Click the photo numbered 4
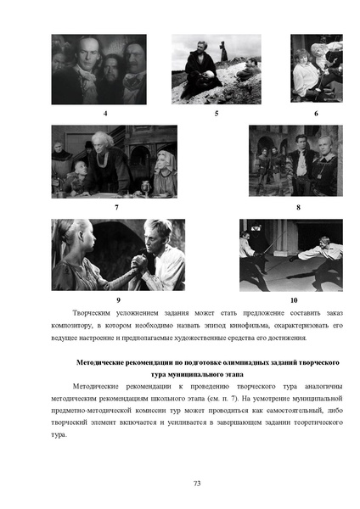[x=98, y=69]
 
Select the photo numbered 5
[x=216, y=69]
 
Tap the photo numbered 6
[x=316, y=69]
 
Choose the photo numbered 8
[x=295, y=161]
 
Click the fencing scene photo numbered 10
[x=290, y=255]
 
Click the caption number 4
[x=105, y=114]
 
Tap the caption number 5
[x=216, y=114]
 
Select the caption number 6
[x=316, y=114]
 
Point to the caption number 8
[x=298, y=207]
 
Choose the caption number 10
[x=294, y=300]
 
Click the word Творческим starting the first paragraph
[x=92, y=312]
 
